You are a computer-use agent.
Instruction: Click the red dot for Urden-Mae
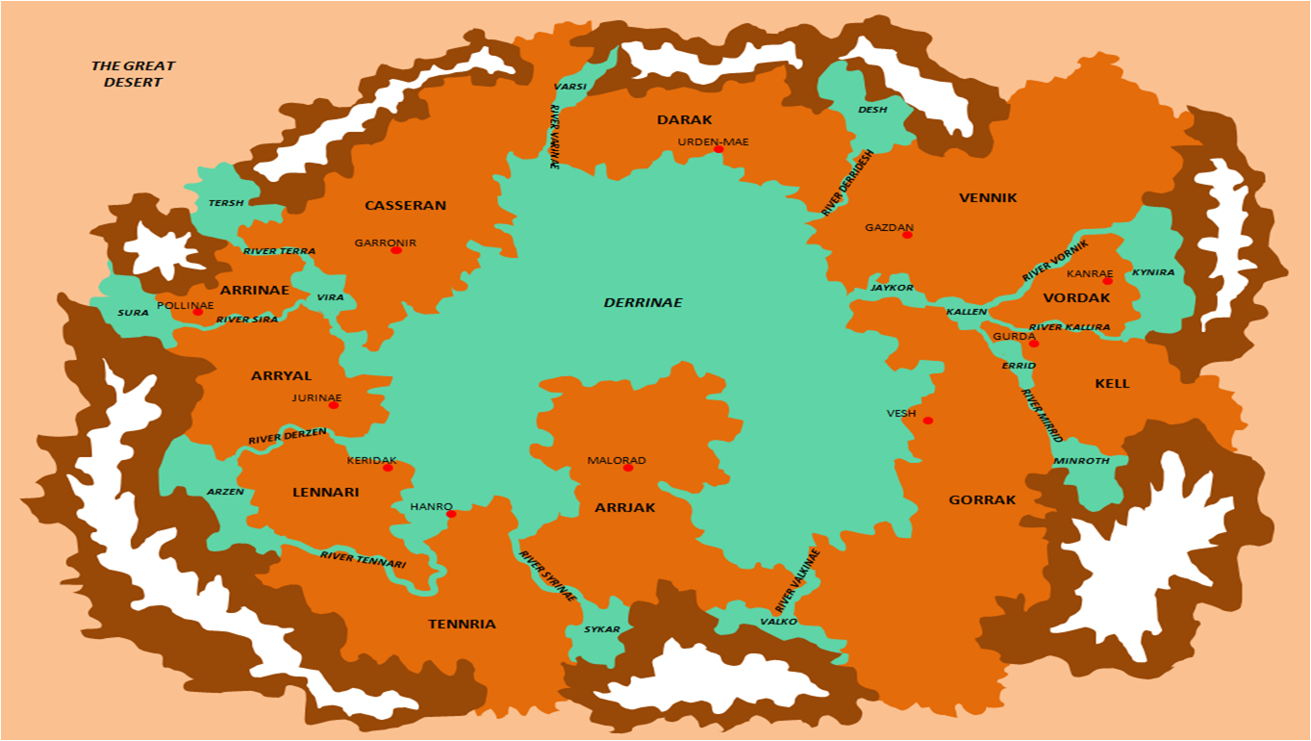coord(719,149)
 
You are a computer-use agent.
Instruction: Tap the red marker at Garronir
coord(396,250)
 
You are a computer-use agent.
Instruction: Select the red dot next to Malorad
coord(628,468)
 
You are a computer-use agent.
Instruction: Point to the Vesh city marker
coord(927,421)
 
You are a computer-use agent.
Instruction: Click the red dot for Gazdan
coord(907,235)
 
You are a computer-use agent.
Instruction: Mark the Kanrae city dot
coord(1107,281)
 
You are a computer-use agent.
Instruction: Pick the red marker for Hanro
coord(451,514)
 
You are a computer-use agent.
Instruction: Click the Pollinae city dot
coord(197,312)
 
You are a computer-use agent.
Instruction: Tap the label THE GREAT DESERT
coord(133,74)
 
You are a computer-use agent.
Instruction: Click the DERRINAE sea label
coord(643,302)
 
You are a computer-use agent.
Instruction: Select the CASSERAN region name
coord(405,205)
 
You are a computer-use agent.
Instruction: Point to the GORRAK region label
coord(982,500)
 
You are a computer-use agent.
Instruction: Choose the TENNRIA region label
coord(462,624)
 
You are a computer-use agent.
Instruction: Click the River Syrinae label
coord(547,576)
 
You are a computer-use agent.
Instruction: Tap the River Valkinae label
coord(797,581)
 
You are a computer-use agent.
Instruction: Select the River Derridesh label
coord(848,181)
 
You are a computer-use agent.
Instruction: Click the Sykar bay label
coord(602,629)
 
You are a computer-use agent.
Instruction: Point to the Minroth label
coord(1081,461)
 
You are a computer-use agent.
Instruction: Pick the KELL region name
coord(1112,383)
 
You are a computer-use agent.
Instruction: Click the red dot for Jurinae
coord(334,405)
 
